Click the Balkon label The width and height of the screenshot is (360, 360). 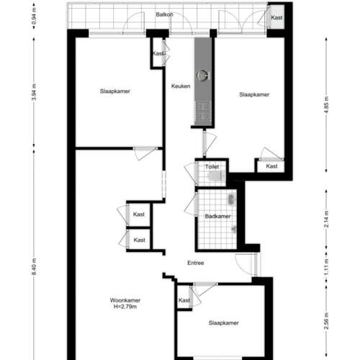pos(164,14)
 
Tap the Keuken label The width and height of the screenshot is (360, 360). pos(181,86)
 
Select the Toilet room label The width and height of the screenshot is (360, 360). pos(212,166)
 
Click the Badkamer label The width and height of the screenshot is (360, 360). pos(217,216)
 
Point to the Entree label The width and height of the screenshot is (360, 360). pos(196,263)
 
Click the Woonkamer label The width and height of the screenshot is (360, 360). pos(125,300)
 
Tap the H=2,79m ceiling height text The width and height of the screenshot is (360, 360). pos(125,307)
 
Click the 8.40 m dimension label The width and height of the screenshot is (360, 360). pos(35,266)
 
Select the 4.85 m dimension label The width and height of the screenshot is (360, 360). pos(327,104)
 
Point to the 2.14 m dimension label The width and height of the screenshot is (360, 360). pos(327,219)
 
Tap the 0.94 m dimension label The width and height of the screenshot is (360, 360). pos(35,16)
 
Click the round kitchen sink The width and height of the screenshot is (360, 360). pos(202,76)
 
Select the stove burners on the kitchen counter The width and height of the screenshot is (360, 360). pos(203,111)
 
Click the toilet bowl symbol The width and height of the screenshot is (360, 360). pos(216,176)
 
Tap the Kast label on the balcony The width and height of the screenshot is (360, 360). pos(276,17)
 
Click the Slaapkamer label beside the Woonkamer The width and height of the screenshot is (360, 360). pos(223,323)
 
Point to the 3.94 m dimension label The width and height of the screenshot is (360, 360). pos(35,92)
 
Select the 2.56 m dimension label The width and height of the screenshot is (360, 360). pos(327,321)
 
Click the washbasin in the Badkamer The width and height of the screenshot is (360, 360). pos(231,199)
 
